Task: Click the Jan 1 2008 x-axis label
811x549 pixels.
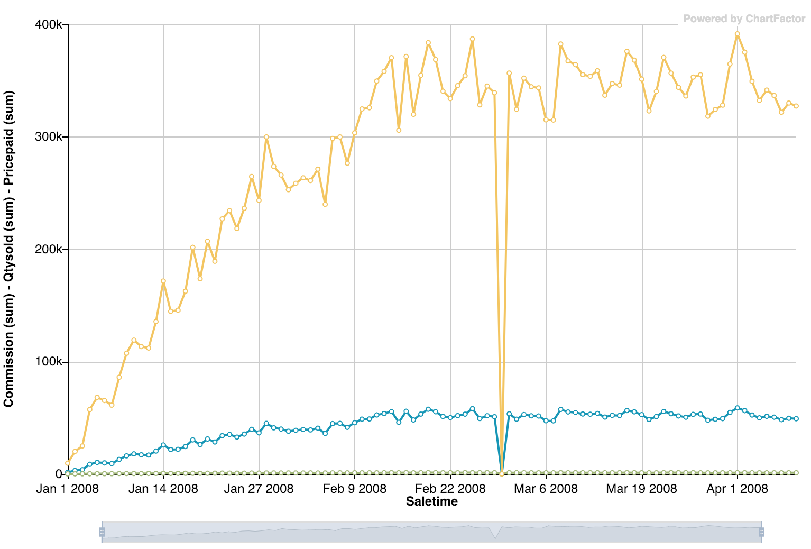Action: pyautogui.click(x=67, y=488)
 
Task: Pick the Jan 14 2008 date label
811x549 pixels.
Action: pyautogui.click(x=163, y=488)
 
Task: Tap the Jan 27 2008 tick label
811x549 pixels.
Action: pyautogui.click(x=259, y=488)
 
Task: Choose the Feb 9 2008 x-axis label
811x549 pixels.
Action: pyautogui.click(x=354, y=488)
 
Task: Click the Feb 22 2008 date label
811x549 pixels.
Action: pyautogui.click(x=450, y=488)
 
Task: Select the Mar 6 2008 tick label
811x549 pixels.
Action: pyautogui.click(x=546, y=488)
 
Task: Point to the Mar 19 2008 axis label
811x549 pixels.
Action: pyautogui.click(x=641, y=488)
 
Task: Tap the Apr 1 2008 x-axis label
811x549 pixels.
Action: pyautogui.click(x=737, y=488)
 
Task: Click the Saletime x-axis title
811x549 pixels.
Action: pyautogui.click(x=432, y=501)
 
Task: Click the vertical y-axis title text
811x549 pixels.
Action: pyautogui.click(x=8, y=249)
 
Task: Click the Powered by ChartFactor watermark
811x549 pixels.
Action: pyautogui.click(x=744, y=19)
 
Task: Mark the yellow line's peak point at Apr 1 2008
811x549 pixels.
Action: pyautogui.click(x=737, y=34)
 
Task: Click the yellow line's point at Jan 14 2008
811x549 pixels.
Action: pyautogui.click(x=163, y=281)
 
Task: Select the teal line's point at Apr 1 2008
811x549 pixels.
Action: pyautogui.click(x=737, y=408)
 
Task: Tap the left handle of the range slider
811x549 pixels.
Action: pyautogui.click(x=102, y=532)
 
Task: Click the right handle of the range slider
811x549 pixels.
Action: pyautogui.click(x=761, y=532)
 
